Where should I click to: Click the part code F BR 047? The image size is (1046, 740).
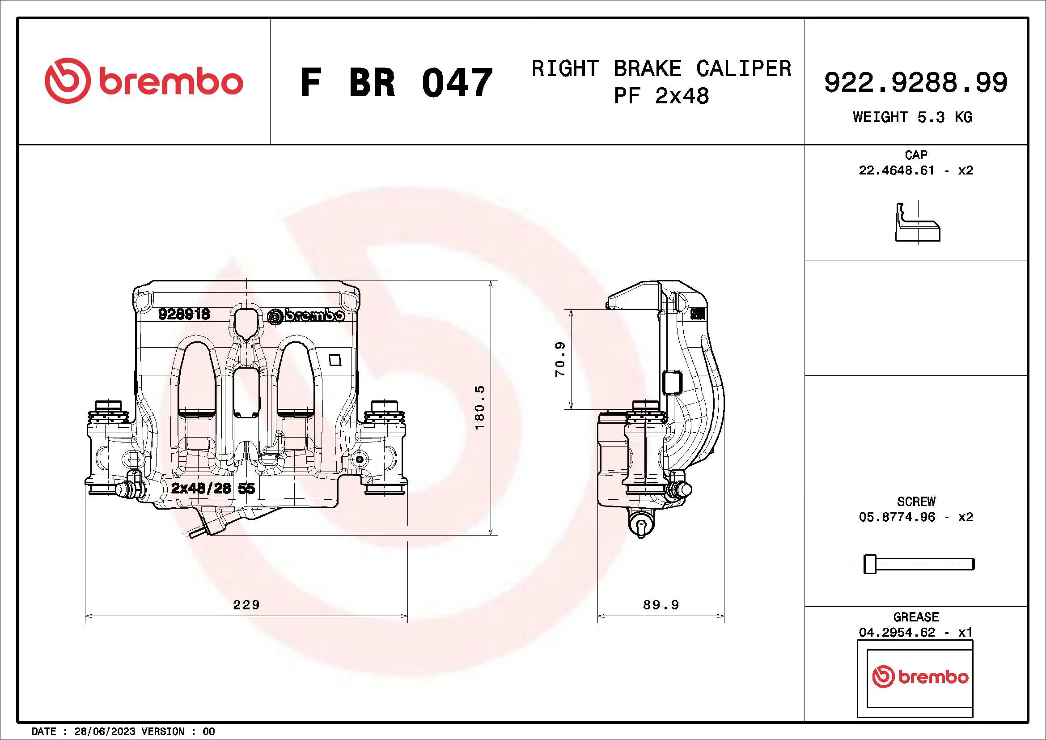point(396,82)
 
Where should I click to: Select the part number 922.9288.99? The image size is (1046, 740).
point(916,82)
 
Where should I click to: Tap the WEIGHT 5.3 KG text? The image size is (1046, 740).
point(913,117)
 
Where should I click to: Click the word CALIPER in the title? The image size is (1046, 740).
point(744,69)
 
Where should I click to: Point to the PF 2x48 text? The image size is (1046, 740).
point(661,96)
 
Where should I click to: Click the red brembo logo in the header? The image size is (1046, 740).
point(144,81)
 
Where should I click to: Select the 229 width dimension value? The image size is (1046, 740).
point(246,605)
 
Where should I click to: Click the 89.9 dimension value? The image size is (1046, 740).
point(661,605)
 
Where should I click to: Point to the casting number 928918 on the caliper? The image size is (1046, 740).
point(184,314)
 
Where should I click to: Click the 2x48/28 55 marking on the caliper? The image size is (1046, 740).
point(213,489)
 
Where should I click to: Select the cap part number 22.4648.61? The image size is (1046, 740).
point(896,170)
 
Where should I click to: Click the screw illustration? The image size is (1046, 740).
point(919,564)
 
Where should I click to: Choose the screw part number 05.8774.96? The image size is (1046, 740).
point(896,517)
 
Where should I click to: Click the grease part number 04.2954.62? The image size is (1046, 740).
point(896,633)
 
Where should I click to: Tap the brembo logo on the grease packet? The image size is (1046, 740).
point(920,677)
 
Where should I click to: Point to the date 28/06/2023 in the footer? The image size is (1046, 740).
point(104,731)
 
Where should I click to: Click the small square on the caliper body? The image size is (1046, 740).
point(335,360)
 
